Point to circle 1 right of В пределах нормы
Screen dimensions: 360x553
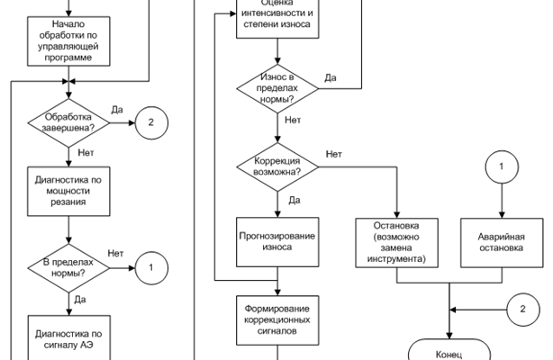(151, 266)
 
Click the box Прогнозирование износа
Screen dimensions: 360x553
(277, 242)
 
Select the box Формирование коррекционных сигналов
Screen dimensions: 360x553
(277, 319)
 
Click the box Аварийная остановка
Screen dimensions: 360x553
(500, 242)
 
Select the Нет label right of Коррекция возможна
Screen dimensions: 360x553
(334, 154)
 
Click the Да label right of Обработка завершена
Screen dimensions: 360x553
(117, 108)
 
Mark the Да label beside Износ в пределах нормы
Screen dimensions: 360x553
(331, 77)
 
